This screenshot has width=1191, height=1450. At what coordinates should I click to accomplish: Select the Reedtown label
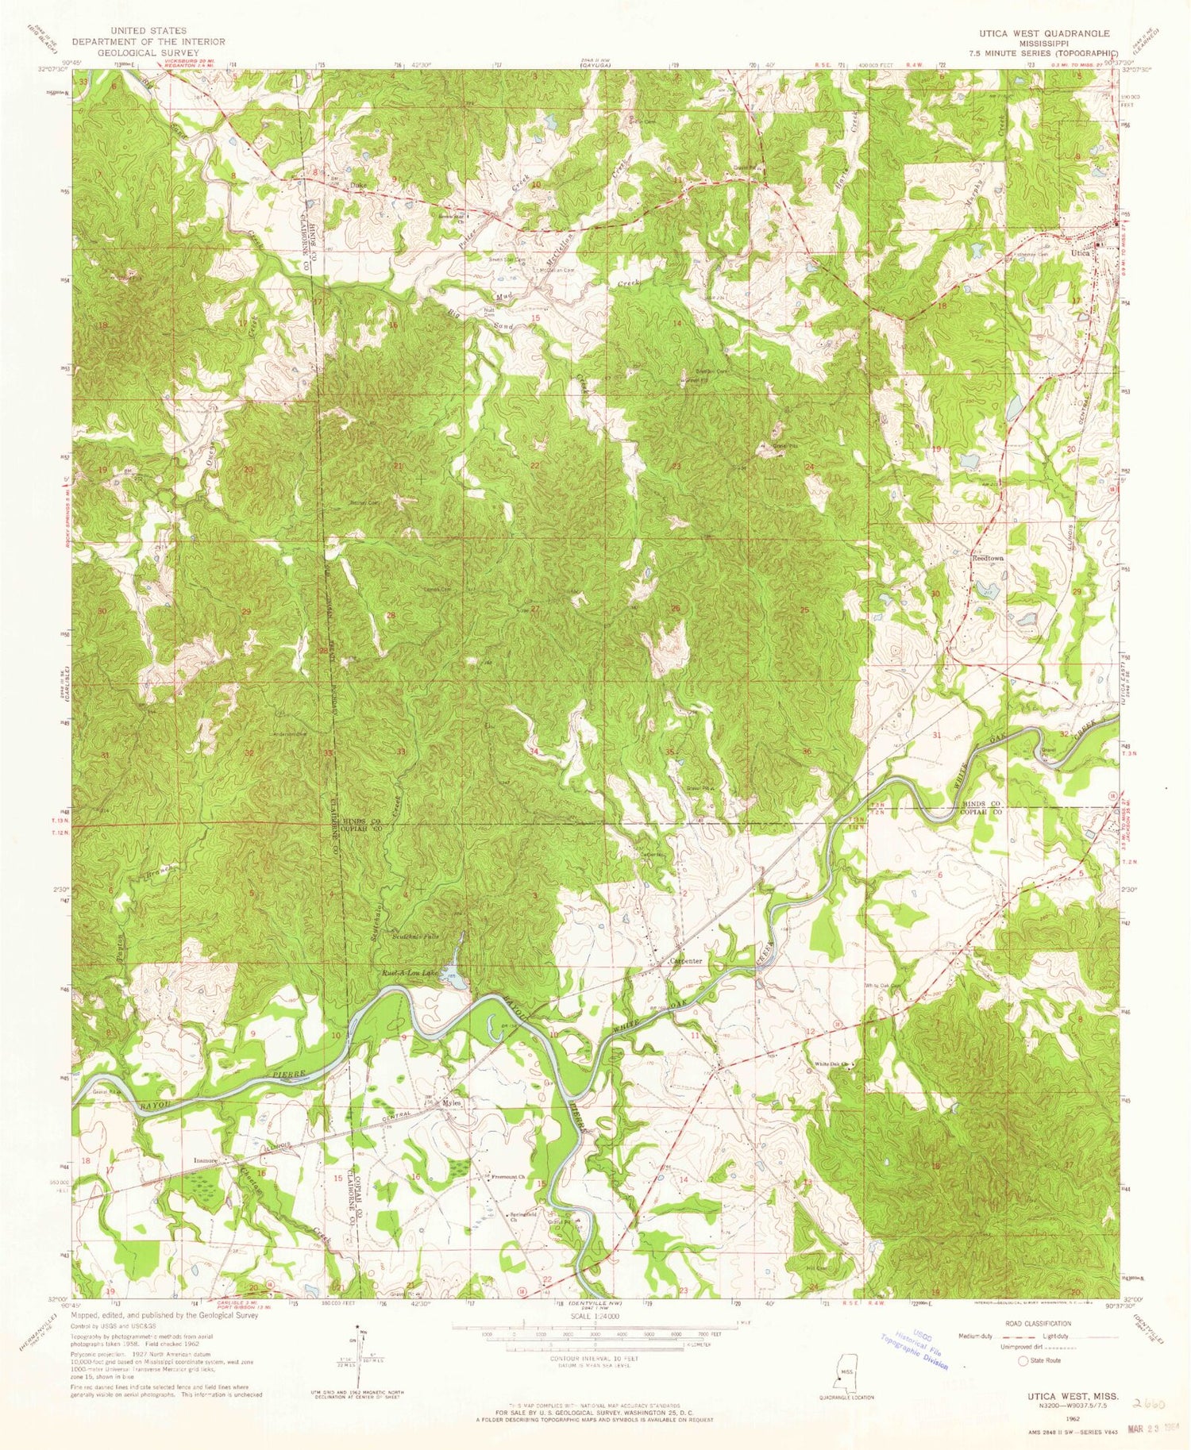[x=988, y=558]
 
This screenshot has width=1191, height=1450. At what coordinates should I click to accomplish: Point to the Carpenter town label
[x=687, y=961]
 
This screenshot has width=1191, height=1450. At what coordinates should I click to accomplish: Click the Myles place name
[x=452, y=1103]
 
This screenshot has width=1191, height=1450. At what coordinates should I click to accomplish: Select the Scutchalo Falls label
[x=415, y=937]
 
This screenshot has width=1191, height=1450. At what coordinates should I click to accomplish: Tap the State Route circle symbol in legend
[x=1023, y=1360]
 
